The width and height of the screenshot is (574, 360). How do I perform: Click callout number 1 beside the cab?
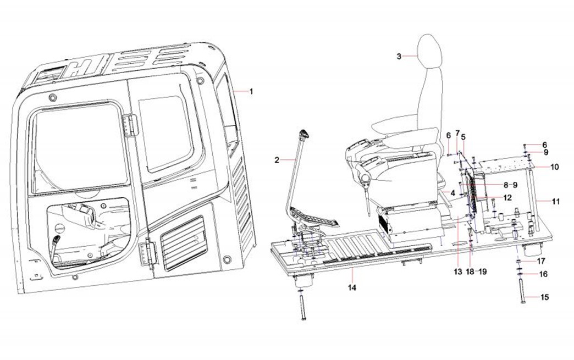(x=251, y=91)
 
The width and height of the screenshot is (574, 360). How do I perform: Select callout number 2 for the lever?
(x=277, y=160)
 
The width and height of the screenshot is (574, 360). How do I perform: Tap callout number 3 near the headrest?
(x=399, y=56)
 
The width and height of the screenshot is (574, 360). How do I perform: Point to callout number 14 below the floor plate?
(x=352, y=287)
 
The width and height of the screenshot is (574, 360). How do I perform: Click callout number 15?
(x=544, y=298)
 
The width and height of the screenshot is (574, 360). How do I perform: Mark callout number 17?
(x=541, y=261)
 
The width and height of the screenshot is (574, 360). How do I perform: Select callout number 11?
(x=555, y=202)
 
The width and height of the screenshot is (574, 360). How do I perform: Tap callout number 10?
(x=554, y=167)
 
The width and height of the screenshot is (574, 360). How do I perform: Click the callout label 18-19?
(x=476, y=272)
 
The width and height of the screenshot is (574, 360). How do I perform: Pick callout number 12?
(x=507, y=197)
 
